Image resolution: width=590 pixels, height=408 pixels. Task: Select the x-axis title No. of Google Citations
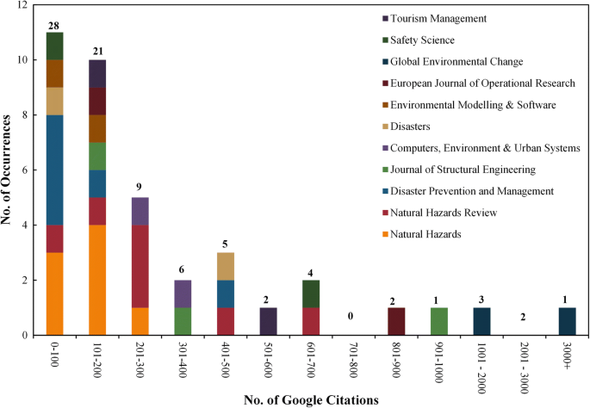(311, 399)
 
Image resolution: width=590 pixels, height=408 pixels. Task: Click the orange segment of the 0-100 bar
(54, 294)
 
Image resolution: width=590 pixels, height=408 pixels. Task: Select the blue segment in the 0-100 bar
(54, 170)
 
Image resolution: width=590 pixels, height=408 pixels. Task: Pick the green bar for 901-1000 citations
(439, 321)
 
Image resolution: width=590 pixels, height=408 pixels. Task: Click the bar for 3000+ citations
(568, 321)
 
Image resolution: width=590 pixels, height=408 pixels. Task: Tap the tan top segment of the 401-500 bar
(226, 266)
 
